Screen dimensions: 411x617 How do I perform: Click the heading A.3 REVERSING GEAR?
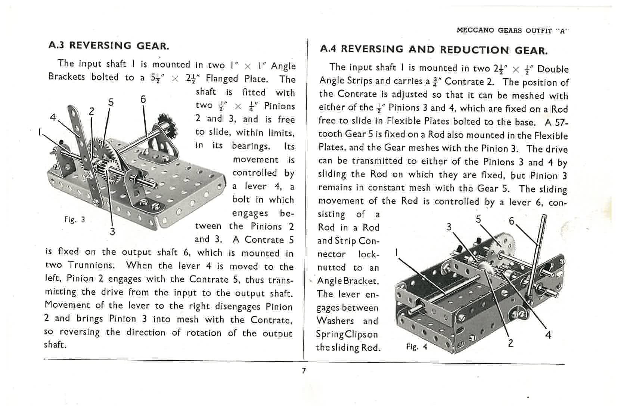(x=109, y=46)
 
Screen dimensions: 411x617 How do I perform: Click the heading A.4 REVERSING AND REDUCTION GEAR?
(x=434, y=50)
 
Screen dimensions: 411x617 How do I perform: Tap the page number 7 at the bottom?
(x=304, y=371)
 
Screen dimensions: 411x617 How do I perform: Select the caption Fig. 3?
(x=74, y=219)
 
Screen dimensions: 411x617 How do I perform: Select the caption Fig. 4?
(x=416, y=347)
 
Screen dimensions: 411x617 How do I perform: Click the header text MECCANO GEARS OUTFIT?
(x=504, y=31)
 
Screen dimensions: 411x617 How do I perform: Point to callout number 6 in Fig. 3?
(x=143, y=99)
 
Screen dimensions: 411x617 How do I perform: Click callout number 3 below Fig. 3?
(x=112, y=231)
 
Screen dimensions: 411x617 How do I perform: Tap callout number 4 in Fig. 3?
(x=53, y=117)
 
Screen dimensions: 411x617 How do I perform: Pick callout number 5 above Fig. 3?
(x=111, y=102)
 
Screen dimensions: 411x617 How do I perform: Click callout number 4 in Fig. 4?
(x=548, y=335)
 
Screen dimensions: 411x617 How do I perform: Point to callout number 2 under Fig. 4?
(x=511, y=342)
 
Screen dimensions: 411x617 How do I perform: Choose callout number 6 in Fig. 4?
(x=512, y=221)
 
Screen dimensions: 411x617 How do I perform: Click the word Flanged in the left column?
(x=222, y=79)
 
